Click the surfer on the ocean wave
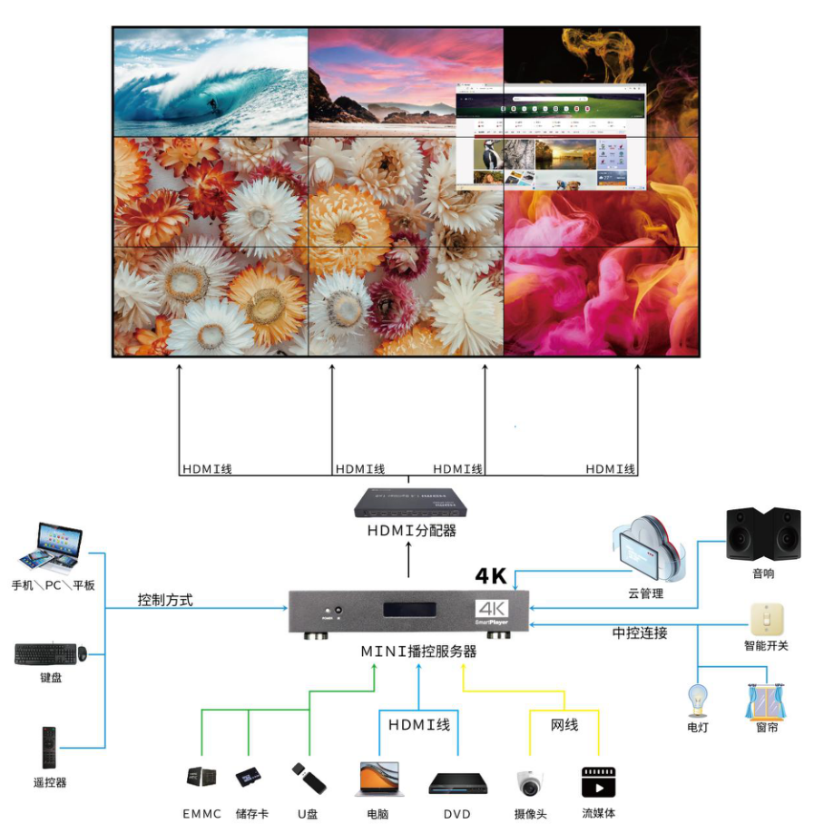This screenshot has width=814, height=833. (x=214, y=105)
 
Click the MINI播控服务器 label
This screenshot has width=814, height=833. (x=418, y=651)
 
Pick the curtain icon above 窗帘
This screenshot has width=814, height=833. (x=766, y=701)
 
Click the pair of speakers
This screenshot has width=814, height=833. (x=762, y=534)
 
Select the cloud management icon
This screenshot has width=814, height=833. (x=648, y=550)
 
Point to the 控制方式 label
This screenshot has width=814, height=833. (x=165, y=600)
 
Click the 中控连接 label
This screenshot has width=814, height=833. (x=640, y=632)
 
